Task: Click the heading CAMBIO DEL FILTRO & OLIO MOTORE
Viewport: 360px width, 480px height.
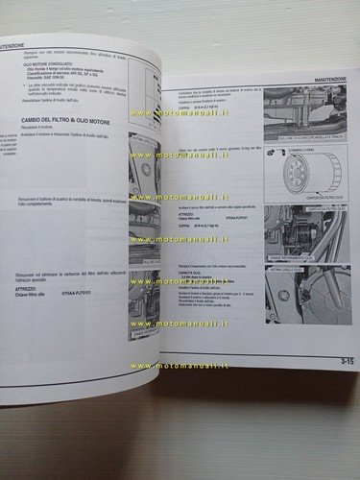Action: coord(73,147)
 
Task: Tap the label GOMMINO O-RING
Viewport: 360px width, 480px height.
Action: coord(301,152)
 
